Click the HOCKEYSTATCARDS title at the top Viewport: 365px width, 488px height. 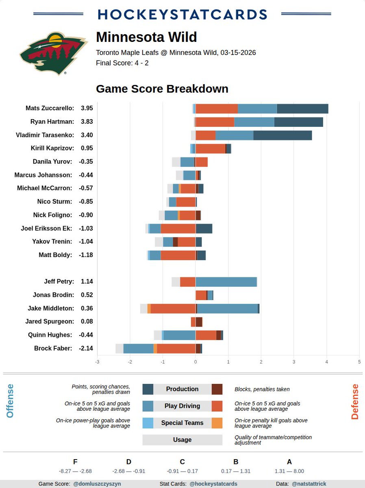[182, 14]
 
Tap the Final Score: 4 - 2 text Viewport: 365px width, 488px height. [122, 63]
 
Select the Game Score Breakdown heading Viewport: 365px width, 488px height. [162, 89]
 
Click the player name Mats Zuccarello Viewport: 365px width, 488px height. [50, 108]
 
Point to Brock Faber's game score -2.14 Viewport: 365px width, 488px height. [86, 348]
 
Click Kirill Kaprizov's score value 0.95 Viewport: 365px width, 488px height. [87, 148]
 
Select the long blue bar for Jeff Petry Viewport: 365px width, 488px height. [226, 282]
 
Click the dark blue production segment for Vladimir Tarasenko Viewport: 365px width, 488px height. [282, 135]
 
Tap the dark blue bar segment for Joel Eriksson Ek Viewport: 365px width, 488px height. [204, 229]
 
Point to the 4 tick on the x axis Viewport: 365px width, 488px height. [327, 362]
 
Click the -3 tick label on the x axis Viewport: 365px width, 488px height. [97, 362]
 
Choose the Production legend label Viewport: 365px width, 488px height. [182, 389]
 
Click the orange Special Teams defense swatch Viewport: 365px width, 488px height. [217, 423]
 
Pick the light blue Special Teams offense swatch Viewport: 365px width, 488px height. [148, 423]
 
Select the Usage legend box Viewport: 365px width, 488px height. [182, 440]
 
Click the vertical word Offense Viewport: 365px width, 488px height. [10, 401]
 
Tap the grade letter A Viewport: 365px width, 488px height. [289, 462]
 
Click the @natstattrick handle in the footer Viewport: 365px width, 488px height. [309, 484]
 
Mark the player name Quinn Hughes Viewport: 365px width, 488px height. [50, 335]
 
